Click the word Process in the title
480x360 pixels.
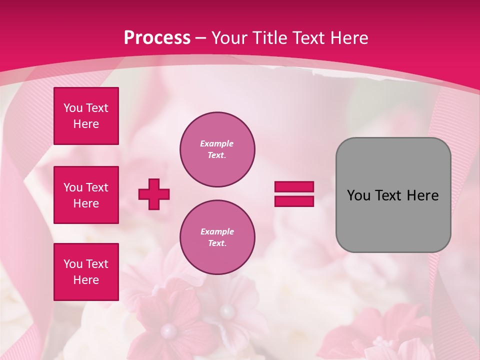[x=157, y=38]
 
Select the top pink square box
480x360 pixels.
[x=86, y=116]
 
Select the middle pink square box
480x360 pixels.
[x=86, y=195]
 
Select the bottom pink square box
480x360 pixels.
[x=86, y=272]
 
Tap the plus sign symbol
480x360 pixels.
[x=154, y=194]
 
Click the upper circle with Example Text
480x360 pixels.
[x=217, y=149]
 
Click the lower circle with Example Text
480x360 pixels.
[x=217, y=237]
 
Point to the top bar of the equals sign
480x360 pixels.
[x=294, y=187]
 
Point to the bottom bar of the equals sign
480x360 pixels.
[x=294, y=201]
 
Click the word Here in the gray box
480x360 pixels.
[x=422, y=195]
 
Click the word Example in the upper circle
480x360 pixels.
[x=217, y=143]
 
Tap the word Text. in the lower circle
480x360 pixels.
[x=217, y=243]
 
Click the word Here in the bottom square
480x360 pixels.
[x=86, y=280]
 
